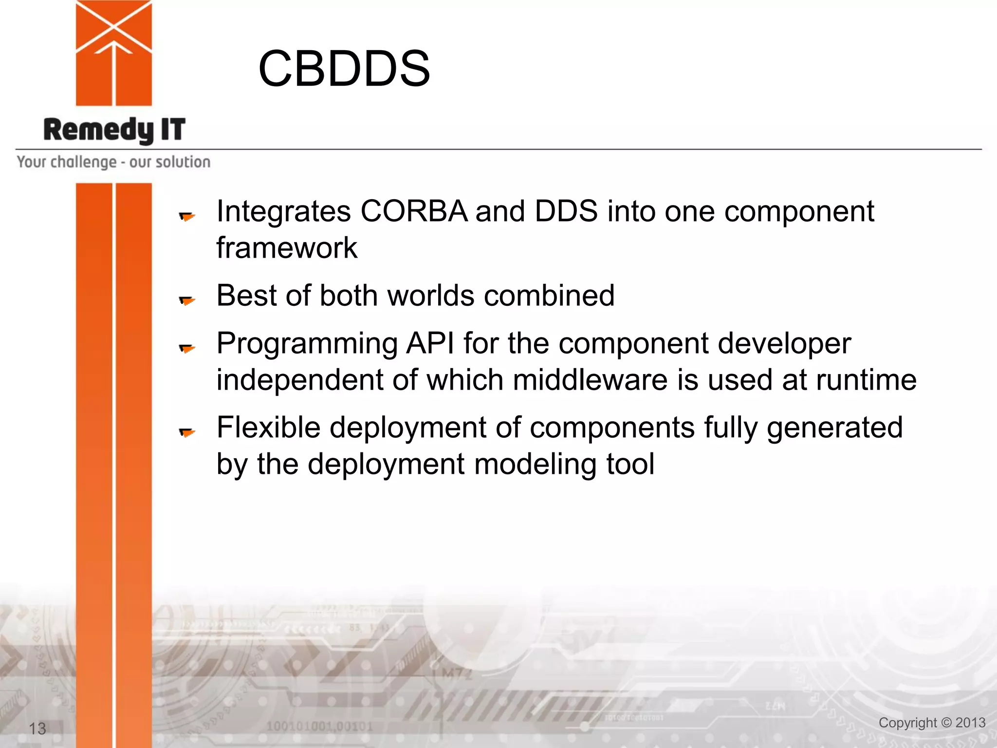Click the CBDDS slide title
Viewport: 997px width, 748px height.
344,69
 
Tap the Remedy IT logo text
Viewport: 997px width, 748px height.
114,130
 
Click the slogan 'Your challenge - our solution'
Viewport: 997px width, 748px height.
113,162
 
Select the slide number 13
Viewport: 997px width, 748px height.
37,729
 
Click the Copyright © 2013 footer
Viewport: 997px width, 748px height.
932,723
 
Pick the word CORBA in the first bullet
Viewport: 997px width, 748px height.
414,211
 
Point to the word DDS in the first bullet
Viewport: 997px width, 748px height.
566,211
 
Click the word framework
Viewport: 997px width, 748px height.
287,248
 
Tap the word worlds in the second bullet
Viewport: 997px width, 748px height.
430,296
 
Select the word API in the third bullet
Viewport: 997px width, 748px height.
430,343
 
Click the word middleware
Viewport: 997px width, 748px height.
590,380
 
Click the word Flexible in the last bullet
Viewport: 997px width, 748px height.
268,428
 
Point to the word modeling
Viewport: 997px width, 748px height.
535,464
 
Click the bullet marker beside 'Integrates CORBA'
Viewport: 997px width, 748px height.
187,216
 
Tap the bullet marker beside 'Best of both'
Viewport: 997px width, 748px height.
187,300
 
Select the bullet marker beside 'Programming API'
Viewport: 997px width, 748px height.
187,348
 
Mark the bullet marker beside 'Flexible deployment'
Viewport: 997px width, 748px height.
187,432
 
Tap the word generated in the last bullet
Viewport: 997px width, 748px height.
834,428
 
